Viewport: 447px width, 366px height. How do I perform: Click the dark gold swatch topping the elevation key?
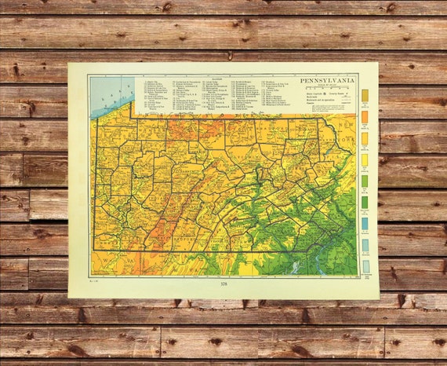click(x=365, y=96)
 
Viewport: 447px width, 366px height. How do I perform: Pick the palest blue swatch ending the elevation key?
click(x=365, y=265)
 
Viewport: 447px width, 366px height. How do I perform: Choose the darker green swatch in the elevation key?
click(x=365, y=202)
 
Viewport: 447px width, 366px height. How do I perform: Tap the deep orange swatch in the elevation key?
click(x=365, y=117)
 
